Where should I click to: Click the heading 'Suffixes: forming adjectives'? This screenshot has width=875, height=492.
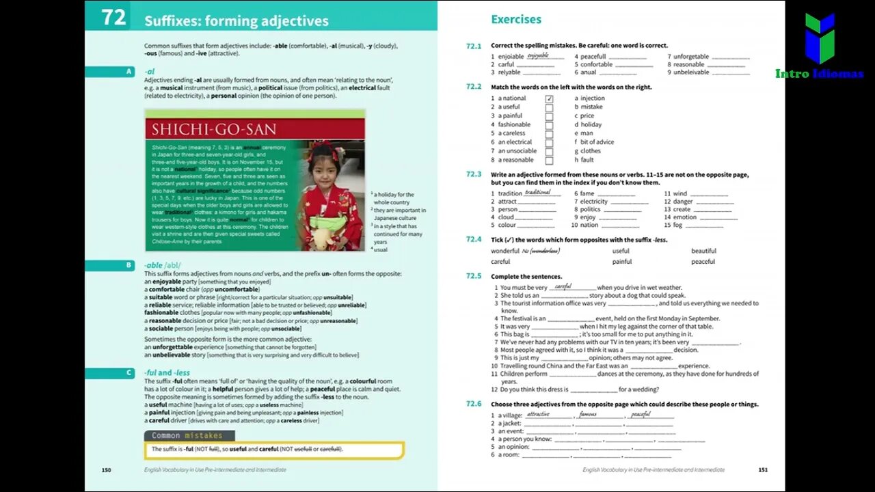pyautogui.click(x=236, y=21)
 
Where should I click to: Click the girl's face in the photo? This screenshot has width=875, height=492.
pyautogui.click(x=324, y=166)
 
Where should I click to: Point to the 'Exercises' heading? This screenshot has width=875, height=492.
pyautogui.click(x=516, y=19)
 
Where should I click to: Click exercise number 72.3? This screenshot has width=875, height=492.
pyautogui.click(x=474, y=175)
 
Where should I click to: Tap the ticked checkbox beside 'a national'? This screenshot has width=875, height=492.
pyautogui.click(x=549, y=98)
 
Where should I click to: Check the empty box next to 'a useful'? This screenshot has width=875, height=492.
pyautogui.click(x=549, y=107)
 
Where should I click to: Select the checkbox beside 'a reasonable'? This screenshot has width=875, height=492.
pyautogui.click(x=549, y=160)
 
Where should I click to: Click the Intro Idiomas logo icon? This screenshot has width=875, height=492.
pyautogui.click(x=819, y=38)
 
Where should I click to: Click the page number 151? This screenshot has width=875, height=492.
pyautogui.click(x=763, y=469)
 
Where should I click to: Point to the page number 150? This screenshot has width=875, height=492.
pyautogui.click(x=106, y=469)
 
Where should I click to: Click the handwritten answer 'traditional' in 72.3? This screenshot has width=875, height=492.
pyautogui.click(x=537, y=193)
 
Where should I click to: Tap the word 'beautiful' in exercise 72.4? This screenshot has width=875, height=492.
pyautogui.click(x=703, y=251)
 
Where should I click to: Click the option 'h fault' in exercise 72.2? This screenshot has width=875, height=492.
pyautogui.click(x=584, y=160)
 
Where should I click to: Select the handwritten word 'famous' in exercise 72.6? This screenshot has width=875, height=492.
pyautogui.click(x=588, y=414)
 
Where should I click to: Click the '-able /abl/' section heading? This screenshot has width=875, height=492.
pyautogui.click(x=163, y=265)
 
